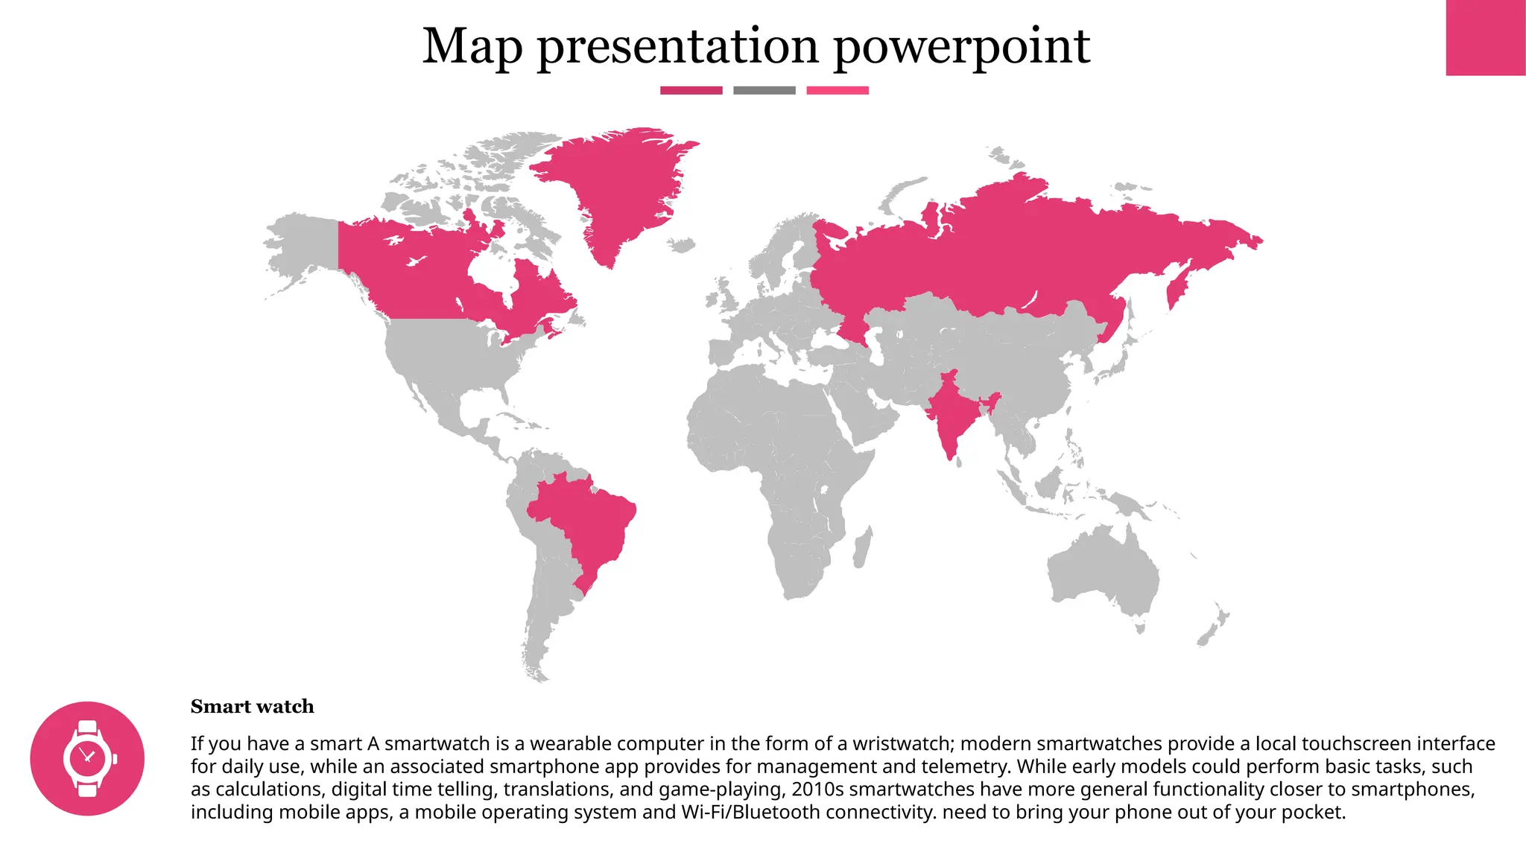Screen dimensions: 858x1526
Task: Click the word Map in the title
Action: coord(472,46)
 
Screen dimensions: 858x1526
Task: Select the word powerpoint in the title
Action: coord(961,48)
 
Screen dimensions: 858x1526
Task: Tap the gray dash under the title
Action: coord(764,90)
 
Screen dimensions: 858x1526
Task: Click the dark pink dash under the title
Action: coord(691,90)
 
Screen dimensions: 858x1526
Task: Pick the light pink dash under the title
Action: coord(837,90)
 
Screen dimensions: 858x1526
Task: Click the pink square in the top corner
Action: coord(1485,37)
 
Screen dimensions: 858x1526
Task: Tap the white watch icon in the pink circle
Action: coord(88,758)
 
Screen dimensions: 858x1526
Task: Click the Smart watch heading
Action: coord(252,706)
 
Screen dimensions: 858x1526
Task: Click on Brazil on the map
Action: coord(585,521)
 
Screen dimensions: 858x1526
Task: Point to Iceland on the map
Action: coord(680,244)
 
